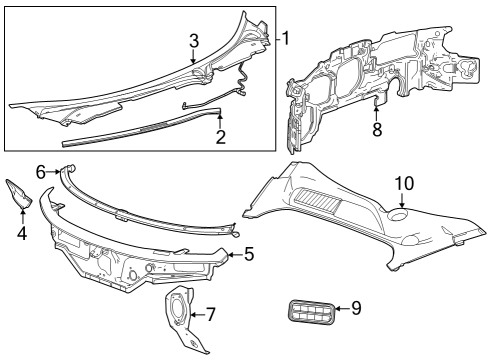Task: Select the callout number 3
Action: click(x=194, y=40)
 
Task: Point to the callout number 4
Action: click(x=22, y=234)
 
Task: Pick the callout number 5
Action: click(x=248, y=254)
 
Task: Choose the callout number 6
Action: click(x=41, y=172)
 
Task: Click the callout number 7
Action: click(x=210, y=314)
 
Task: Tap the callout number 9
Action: click(x=355, y=308)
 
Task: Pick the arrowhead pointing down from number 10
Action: click(x=402, y=206)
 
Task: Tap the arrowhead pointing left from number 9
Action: click(x=336, y=309)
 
